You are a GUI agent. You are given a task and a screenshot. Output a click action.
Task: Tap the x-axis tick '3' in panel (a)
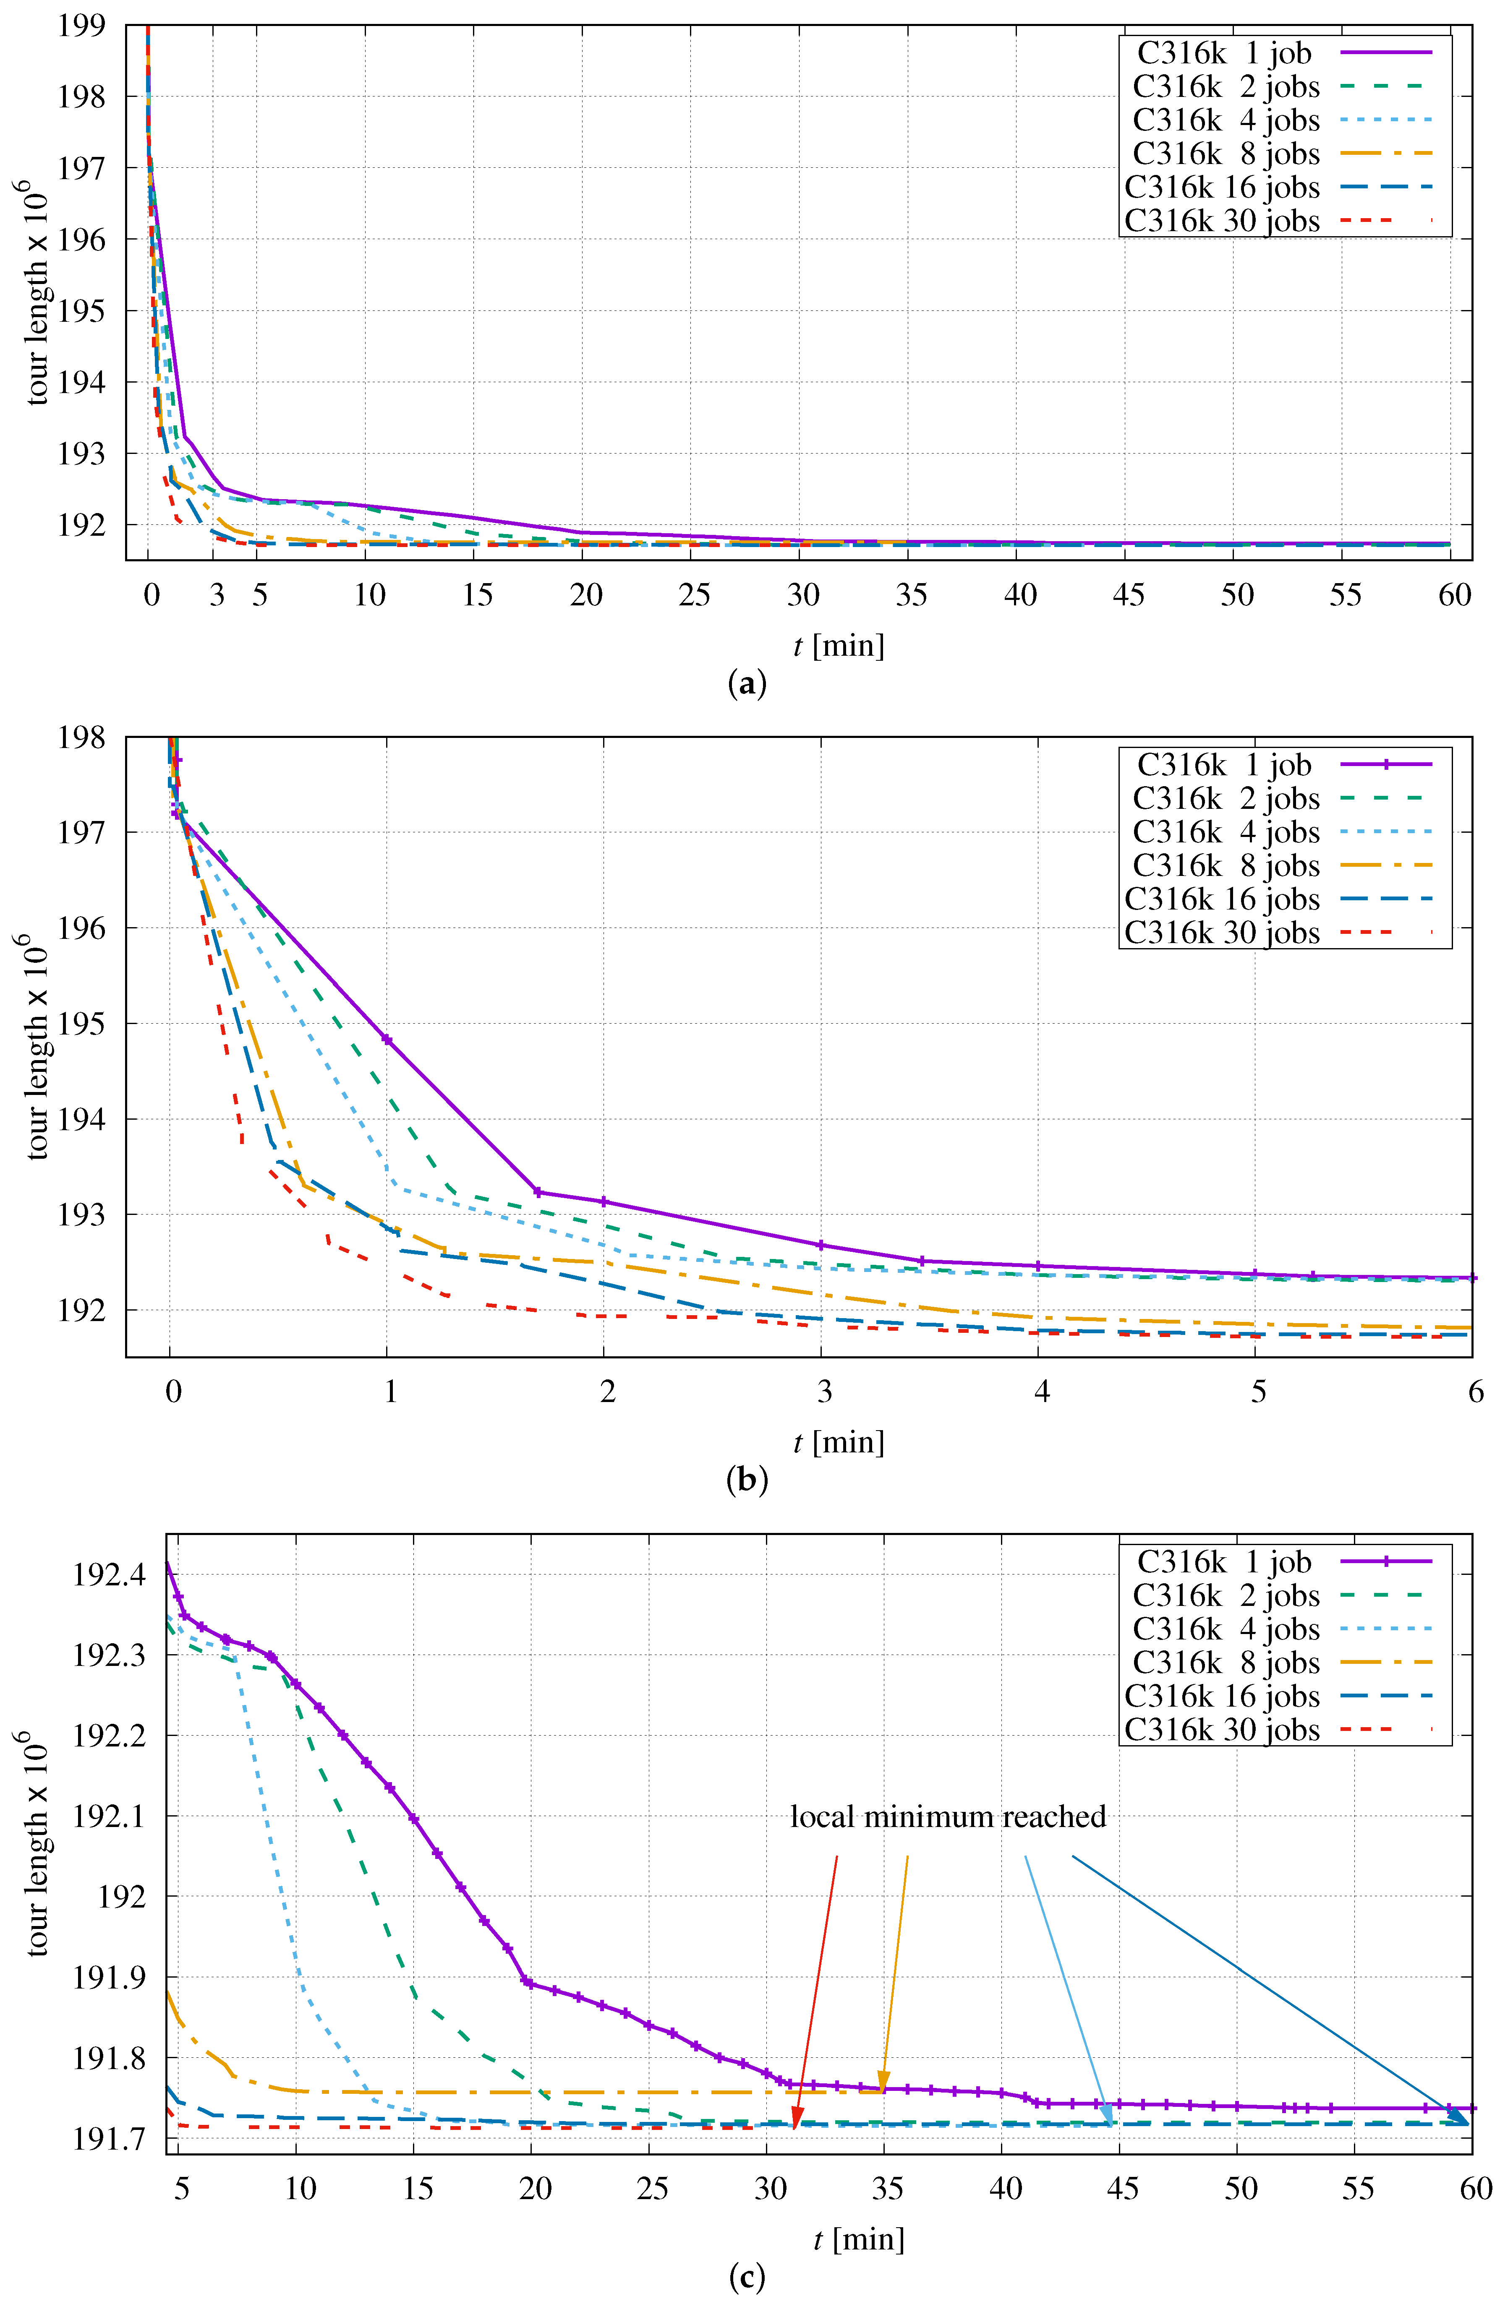click(217, 594)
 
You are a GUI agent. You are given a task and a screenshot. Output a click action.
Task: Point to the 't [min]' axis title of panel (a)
click(839, 646)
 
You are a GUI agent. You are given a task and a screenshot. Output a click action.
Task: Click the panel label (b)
click(747, 1480)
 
